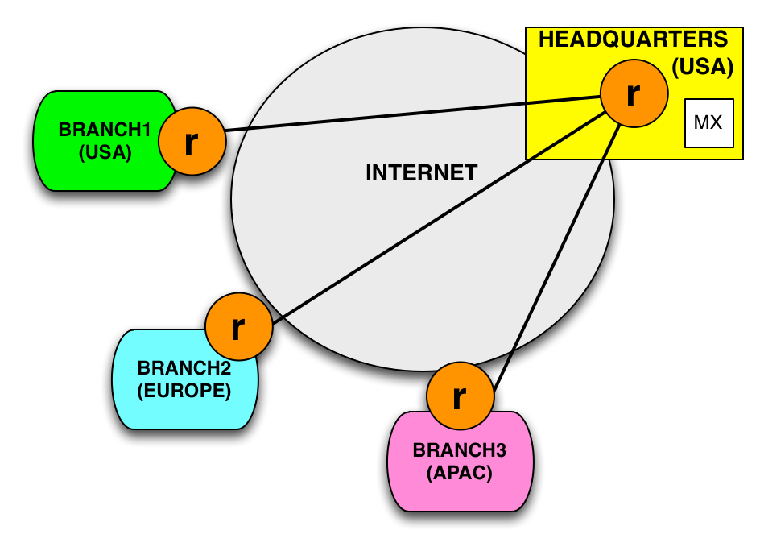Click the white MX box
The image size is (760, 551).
coord(708,123)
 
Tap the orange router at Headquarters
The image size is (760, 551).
coord(634,93)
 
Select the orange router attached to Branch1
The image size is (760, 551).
coord(192,142)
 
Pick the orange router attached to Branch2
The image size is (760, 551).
coord(238,327)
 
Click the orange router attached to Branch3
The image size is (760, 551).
coord(460,396)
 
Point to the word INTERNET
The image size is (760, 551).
coord(421,172)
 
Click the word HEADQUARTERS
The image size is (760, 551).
coord(633,39)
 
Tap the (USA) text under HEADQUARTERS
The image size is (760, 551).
coord(702,67)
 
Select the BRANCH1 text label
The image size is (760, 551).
coord(105,130)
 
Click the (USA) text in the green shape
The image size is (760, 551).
coord(105,151)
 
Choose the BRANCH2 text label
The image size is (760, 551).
coord(184,368)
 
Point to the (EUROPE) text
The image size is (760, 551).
coord(184,391)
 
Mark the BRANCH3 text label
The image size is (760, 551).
coord(459,450)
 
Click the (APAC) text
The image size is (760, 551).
coord(459,473)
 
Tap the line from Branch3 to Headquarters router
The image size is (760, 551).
coord(564,242)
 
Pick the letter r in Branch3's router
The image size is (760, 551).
coord(459,396)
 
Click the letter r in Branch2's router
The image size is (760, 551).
coord(237,327)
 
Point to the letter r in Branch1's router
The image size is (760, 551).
coord(191,143)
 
